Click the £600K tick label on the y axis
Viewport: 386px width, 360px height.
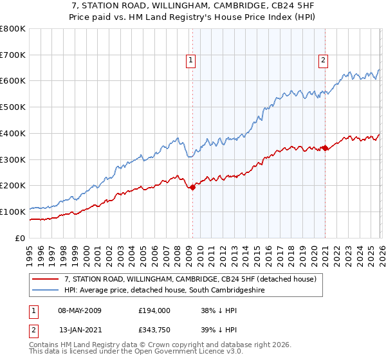(13, 81)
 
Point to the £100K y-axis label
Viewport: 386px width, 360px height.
(13, 212)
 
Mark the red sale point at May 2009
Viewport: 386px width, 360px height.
(192, 187)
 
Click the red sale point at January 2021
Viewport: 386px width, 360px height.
(325, 148)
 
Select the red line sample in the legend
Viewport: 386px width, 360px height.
(46, 280)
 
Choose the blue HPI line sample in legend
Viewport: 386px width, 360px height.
(46, 291)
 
